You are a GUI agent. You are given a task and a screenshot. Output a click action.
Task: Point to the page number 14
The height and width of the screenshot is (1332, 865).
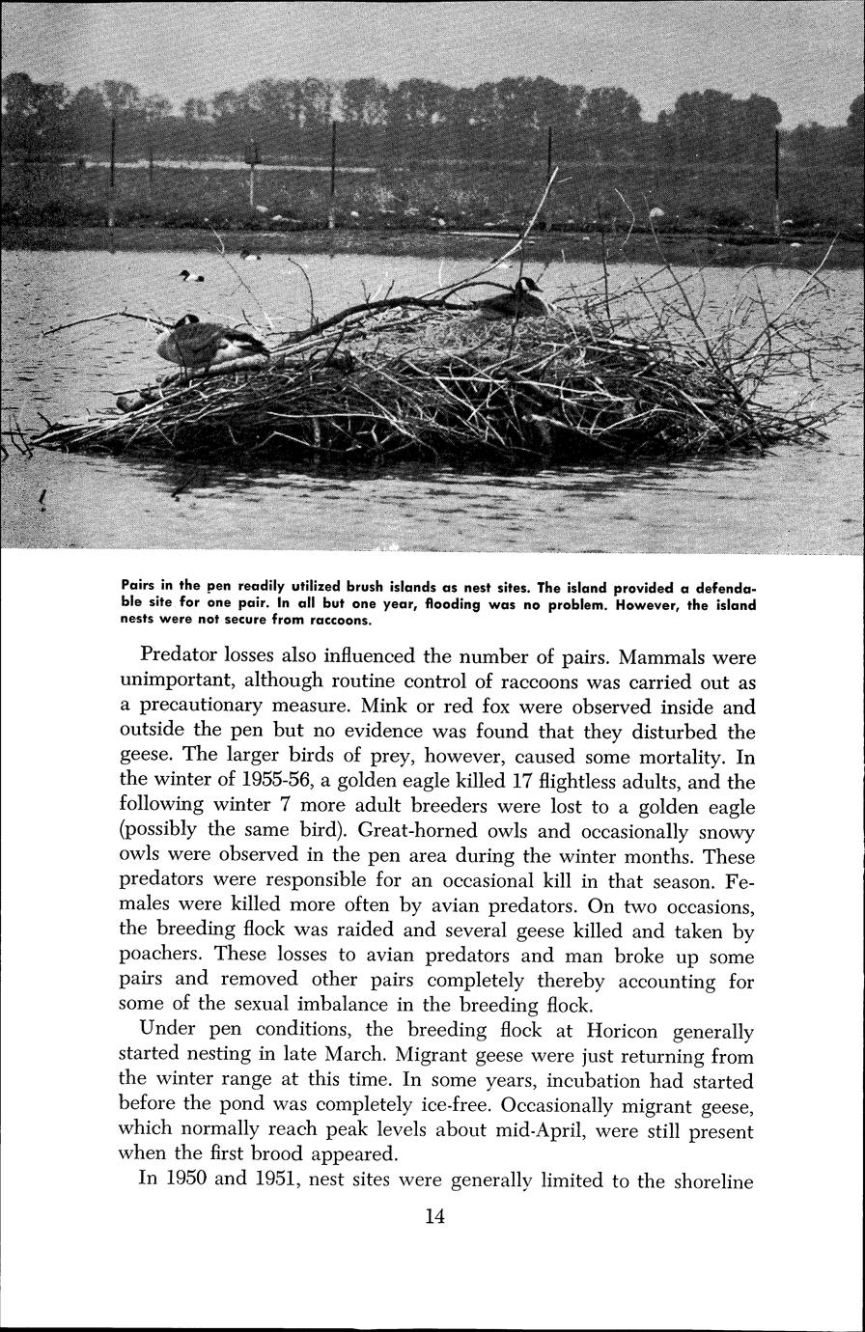[x=434, y=1216]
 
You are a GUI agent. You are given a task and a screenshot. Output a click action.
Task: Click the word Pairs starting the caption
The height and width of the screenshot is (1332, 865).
[x=140, y=585]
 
